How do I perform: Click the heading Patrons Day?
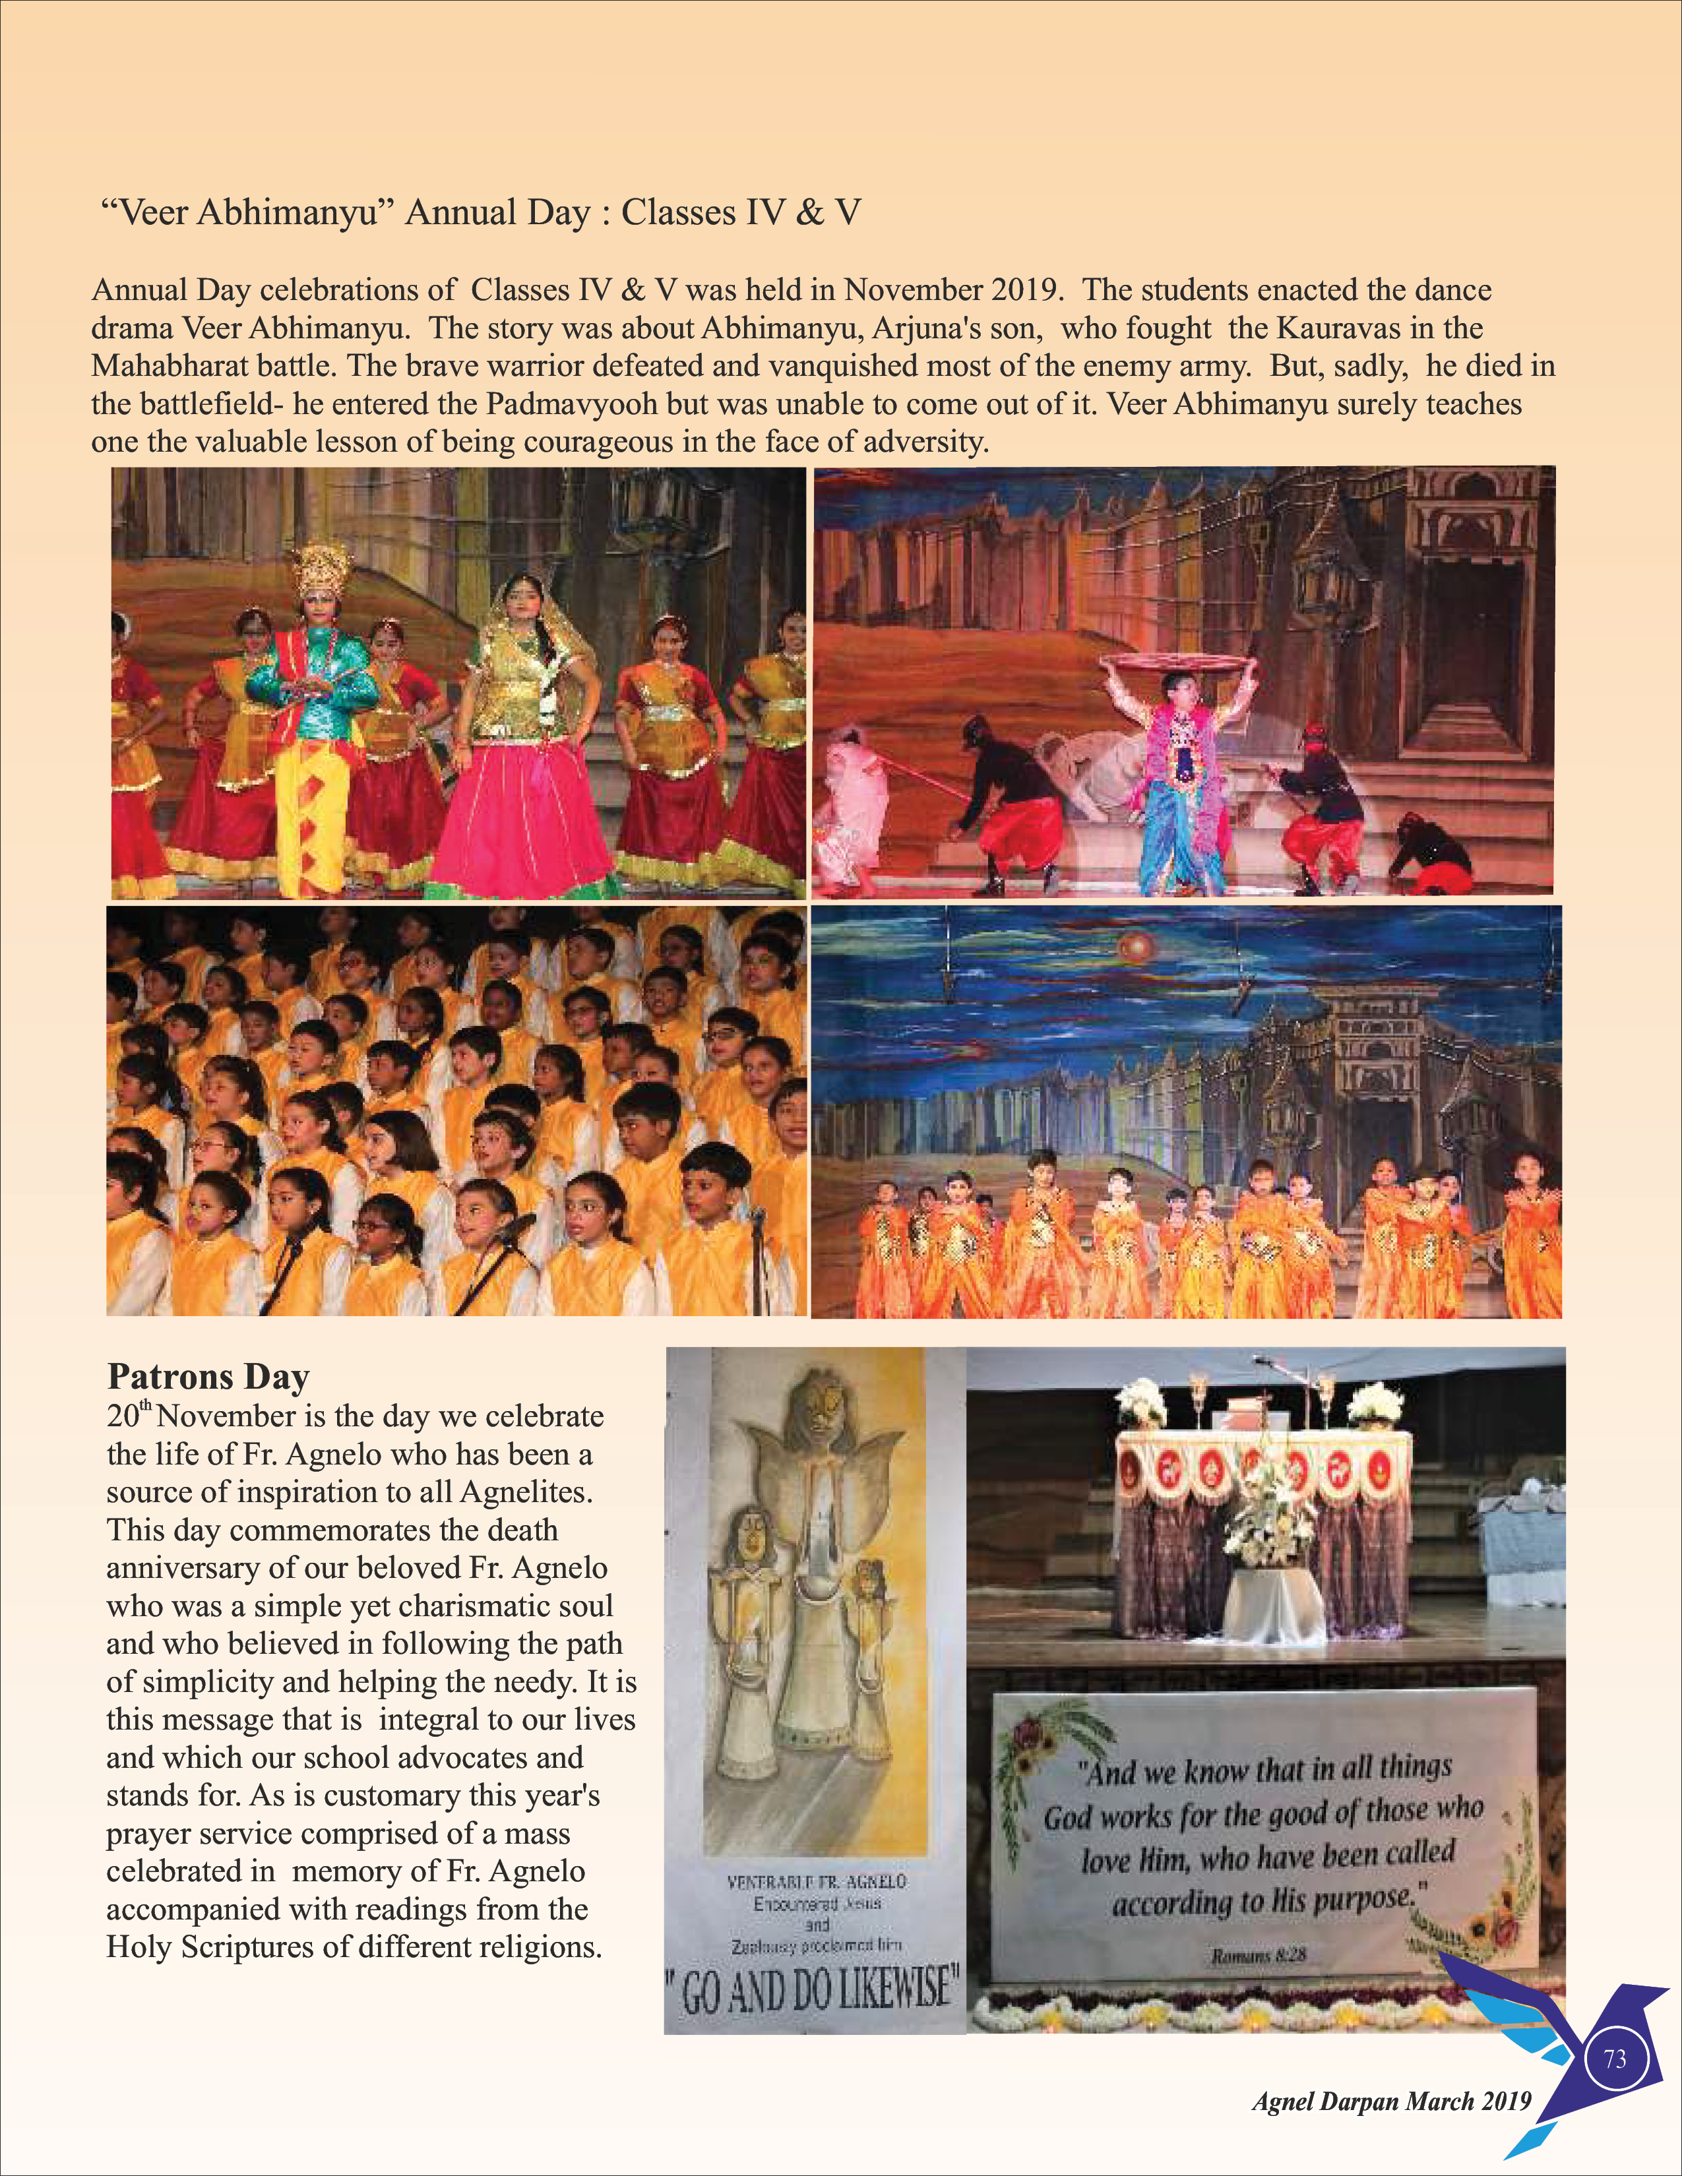pos(208,1376)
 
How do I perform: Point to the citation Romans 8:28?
pos(1257,1956)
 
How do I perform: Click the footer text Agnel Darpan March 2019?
pos(1391,2100)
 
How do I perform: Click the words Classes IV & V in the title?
pos(741,212)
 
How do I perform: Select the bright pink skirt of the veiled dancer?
pos(522,817)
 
